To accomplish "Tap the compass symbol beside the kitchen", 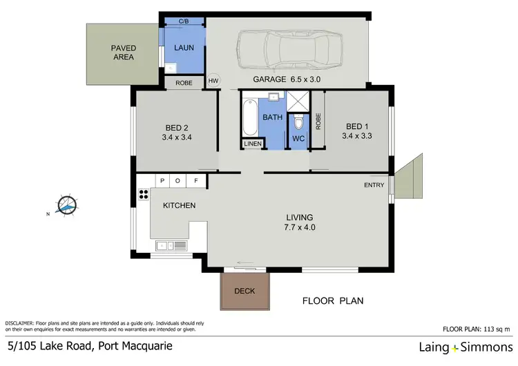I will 67,205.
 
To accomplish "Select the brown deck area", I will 245,291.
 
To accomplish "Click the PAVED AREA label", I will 124,52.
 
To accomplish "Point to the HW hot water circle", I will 213,81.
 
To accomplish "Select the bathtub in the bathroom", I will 249,118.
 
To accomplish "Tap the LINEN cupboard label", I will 251,144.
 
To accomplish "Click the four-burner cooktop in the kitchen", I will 144,193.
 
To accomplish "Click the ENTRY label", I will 374,185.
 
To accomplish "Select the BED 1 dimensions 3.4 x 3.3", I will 356,136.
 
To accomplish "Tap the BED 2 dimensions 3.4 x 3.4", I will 177,138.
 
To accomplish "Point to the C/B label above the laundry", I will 184,21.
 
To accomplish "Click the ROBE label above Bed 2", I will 184,82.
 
